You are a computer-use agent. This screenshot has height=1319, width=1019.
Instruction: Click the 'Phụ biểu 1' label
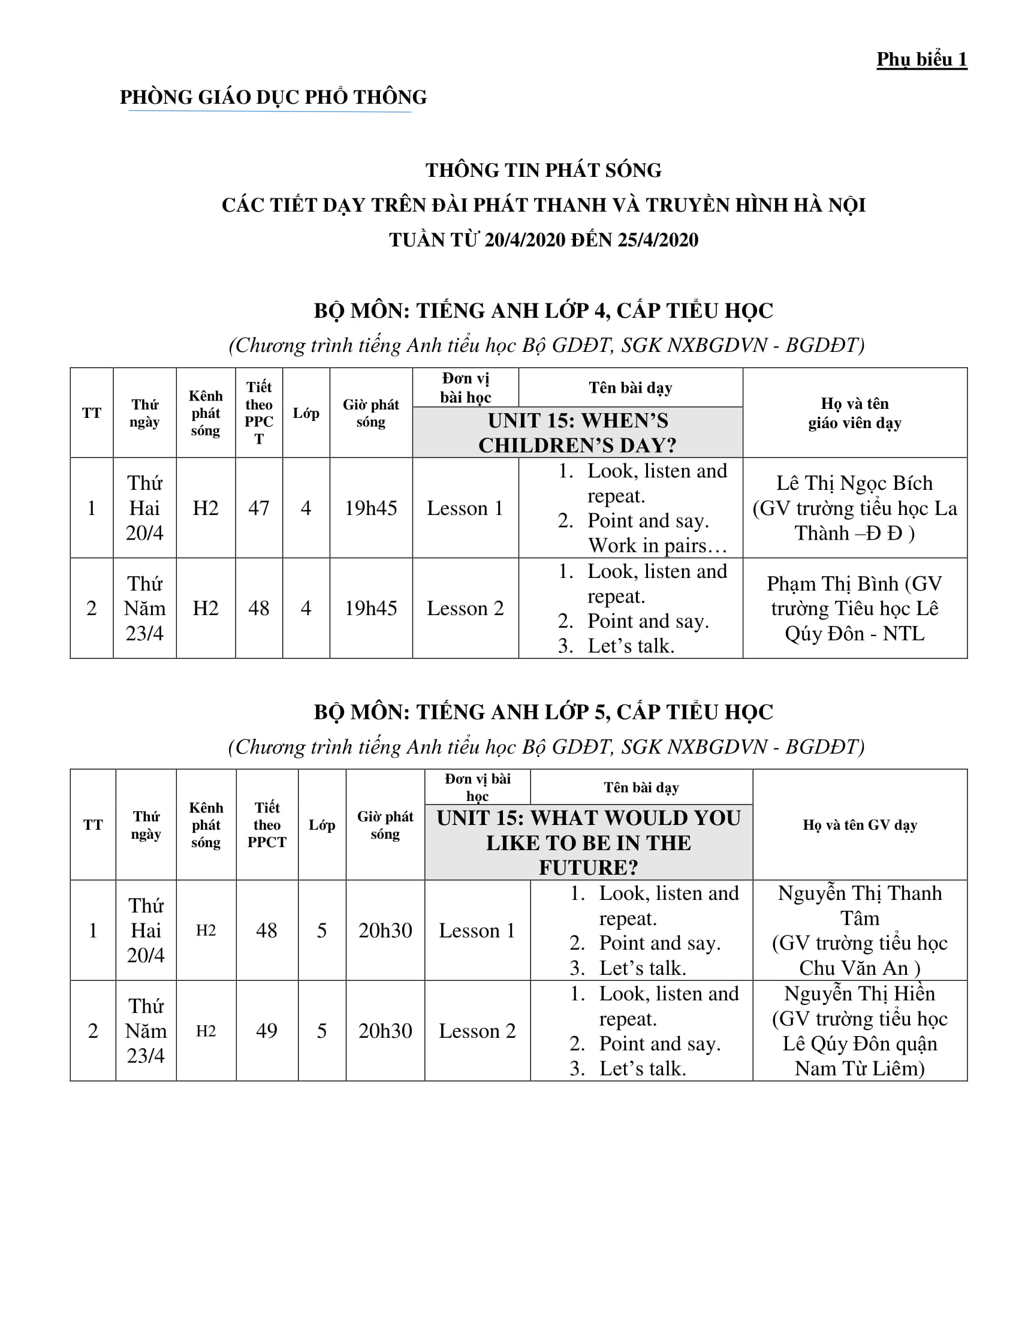[x=921, y=59]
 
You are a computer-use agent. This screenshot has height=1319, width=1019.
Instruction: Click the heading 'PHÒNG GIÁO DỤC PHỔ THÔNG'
[x=273, y=97]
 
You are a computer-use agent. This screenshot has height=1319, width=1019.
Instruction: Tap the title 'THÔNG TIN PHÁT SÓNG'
[x=543, y=170]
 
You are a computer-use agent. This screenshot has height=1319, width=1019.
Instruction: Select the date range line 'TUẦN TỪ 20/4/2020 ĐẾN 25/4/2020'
[x=543, y=240]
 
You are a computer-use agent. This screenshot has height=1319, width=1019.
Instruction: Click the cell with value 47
[x=258, y=508]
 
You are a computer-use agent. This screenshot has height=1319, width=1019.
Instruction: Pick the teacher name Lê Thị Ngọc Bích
[x=854, y=483]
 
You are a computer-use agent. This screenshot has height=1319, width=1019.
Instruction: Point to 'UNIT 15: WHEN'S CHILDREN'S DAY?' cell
[x=577, y=432]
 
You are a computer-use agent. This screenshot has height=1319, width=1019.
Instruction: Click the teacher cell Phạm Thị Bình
[x=854, y=608]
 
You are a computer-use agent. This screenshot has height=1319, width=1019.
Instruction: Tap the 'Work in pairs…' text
[x=657, y=546]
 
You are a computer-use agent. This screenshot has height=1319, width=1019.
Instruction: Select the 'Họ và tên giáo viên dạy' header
[x=854, y=413]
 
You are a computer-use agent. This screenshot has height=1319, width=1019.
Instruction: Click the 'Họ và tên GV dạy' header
[x=860, y=825]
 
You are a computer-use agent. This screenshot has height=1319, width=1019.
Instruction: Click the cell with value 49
[x=266, y=1030]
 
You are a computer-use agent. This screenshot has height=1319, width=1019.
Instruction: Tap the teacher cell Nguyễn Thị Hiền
[x=860, y=1030]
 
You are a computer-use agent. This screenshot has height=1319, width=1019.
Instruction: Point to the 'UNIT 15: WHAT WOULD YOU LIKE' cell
[x=588, y=842]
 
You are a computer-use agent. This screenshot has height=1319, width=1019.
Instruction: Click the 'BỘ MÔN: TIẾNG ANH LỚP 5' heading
[x=543, y=712]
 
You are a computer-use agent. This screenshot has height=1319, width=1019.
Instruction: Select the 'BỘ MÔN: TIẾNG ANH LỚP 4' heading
[x=543, y=311]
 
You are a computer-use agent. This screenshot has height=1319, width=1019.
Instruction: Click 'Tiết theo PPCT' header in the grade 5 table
[x=267, y=825]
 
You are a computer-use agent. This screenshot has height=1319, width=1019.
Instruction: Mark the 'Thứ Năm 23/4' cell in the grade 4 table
[x=144, y=608]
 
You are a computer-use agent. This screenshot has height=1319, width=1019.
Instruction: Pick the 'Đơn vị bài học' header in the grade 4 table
[x=465, y=388]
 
